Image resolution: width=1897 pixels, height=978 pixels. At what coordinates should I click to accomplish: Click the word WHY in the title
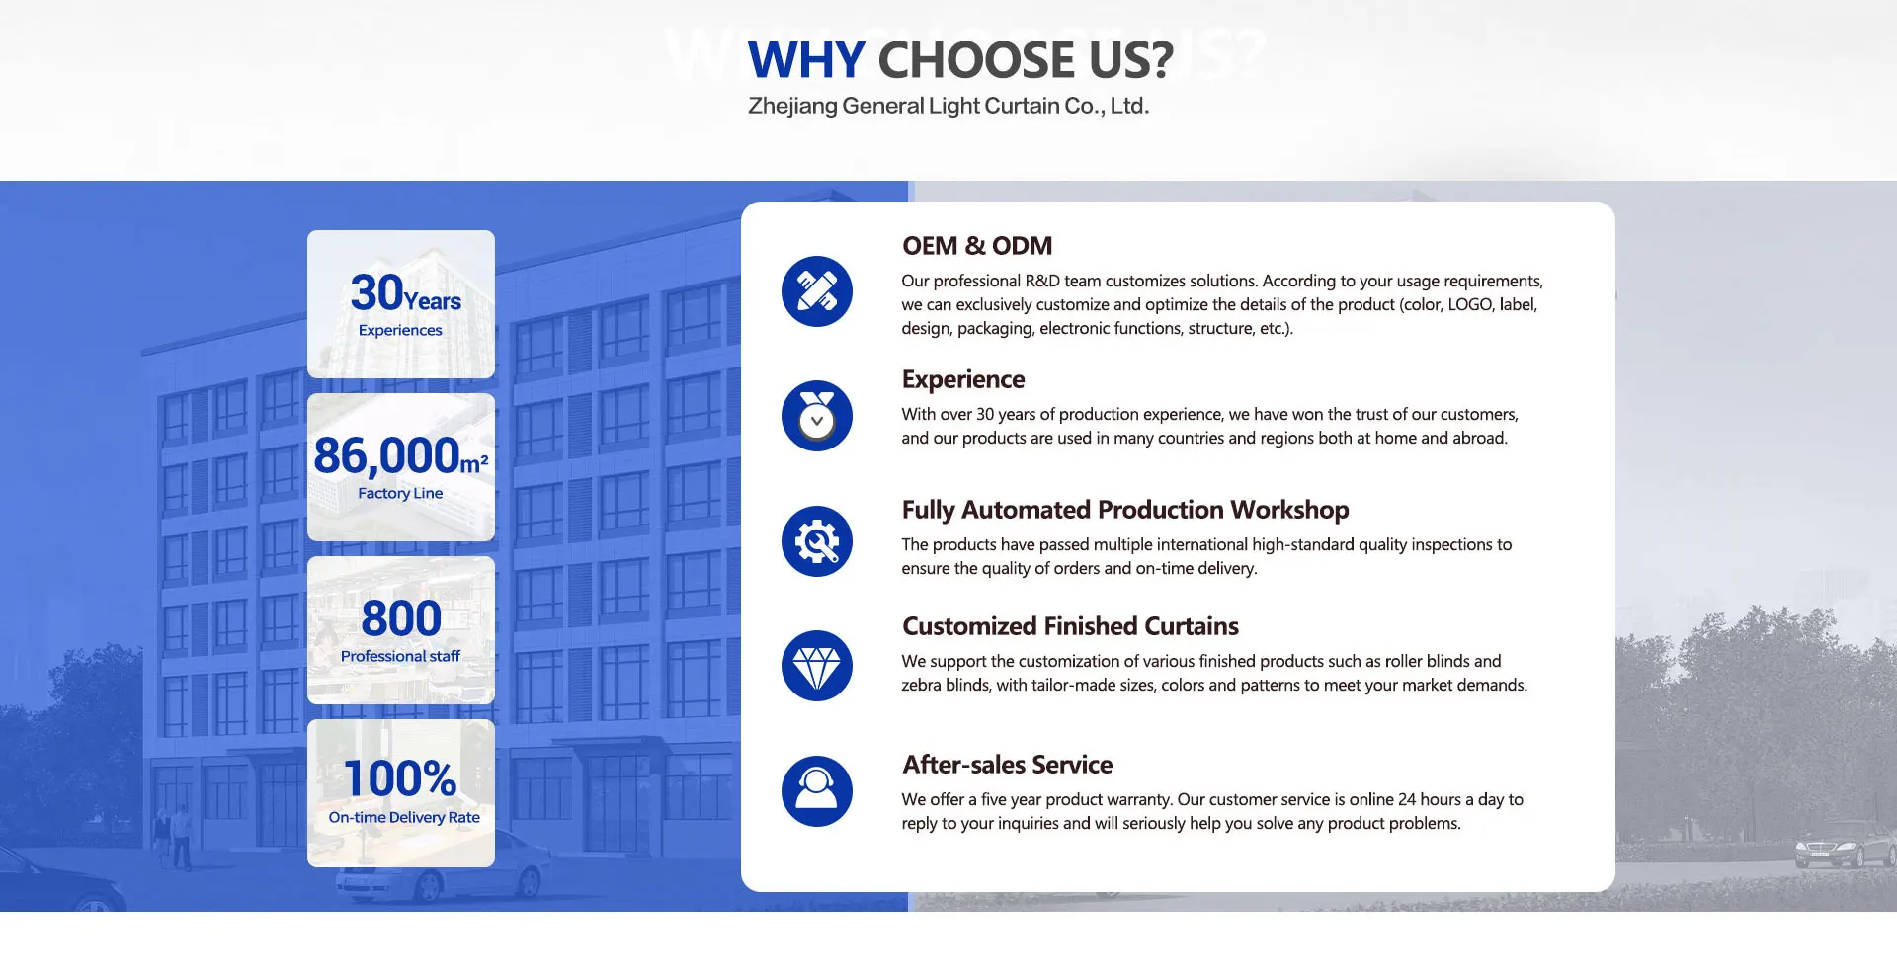pos(806,60)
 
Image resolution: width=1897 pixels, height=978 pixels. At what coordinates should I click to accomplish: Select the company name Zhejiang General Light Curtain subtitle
pos(948,106)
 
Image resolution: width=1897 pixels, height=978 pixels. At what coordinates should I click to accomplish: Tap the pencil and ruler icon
pos(817,291)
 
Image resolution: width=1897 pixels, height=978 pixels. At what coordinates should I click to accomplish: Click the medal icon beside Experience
pos(817,416)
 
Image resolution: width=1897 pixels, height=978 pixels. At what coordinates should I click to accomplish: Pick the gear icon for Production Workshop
pos(817,541)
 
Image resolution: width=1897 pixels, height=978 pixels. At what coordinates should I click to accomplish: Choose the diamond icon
pos(817,666)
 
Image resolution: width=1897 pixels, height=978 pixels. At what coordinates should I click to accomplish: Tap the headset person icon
pos(817,791)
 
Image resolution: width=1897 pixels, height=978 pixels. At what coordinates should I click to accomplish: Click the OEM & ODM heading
pos(977,246)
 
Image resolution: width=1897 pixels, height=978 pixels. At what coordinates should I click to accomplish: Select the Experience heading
pos(963,380)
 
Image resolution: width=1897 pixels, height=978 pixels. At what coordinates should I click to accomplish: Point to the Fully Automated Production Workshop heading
pos(1125,510)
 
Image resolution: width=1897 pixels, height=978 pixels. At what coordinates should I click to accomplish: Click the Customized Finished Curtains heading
pos(1070,626)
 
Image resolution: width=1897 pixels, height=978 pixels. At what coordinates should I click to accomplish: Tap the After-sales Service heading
pos(1007,765)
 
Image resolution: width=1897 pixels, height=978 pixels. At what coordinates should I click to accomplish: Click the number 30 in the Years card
pos(377,292)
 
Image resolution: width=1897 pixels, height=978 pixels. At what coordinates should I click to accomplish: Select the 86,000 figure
pos(386,456)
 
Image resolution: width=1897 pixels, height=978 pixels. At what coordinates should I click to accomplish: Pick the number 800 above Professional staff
pos(401,618)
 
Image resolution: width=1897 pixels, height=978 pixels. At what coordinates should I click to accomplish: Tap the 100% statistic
pos(400,778)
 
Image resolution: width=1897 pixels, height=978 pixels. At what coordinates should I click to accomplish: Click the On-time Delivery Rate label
pos(404,817)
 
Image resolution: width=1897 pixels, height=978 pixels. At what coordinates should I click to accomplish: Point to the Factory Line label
pos(400,493)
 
